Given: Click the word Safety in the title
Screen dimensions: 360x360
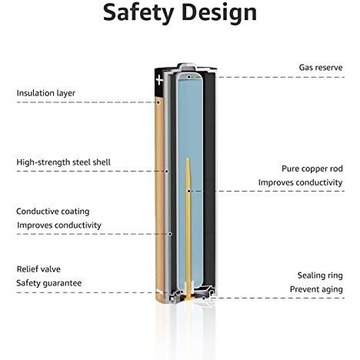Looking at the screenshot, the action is point(138,13).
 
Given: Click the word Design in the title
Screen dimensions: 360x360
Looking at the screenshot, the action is point(219,13).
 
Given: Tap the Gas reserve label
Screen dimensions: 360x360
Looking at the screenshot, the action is point(321,68).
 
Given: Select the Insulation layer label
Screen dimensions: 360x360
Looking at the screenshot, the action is point(46,93).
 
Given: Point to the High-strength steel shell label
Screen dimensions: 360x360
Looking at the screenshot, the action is point(64,162).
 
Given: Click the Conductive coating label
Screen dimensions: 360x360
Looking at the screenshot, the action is point(53,212).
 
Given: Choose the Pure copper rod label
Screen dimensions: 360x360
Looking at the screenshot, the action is point(312,168).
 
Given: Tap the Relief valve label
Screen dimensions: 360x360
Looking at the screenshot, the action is point(38,269).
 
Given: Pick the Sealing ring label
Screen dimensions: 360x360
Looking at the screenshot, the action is point(320,275).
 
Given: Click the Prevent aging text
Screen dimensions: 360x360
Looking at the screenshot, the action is point(316,289).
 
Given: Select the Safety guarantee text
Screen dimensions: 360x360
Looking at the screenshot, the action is point(49,283).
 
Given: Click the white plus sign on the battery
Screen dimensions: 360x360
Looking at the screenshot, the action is point(159,80).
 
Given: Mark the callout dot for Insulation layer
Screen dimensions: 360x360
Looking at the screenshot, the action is point(158,102).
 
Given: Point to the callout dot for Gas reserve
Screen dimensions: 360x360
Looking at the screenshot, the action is point(188,77).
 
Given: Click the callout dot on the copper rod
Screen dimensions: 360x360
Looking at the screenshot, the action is point(188,191).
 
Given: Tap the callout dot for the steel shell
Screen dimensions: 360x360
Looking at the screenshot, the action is point(166,171).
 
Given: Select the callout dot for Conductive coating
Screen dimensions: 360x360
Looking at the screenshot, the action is point(170,234).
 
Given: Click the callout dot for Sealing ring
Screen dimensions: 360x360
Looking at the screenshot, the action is point(203,298).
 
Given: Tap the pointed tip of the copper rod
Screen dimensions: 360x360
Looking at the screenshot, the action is point(188,158).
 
